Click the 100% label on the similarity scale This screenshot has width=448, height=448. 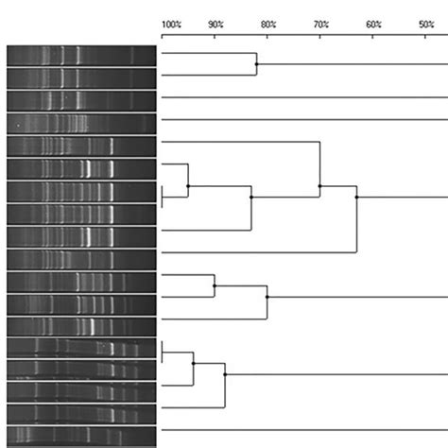[x=171, y=23]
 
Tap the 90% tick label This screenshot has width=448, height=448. [x=215, y=23]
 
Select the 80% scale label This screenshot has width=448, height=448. [x=267, y=23]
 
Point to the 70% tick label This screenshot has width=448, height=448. [x=320, y=23]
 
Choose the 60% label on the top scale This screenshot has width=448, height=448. [x=373, y=23]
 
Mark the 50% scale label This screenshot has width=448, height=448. [x=425, y=23]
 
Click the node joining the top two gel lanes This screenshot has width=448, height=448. [x=257, y=64]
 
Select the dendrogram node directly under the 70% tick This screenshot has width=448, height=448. [x=320, y=186]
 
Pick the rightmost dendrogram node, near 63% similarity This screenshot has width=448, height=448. [x=356, y=197]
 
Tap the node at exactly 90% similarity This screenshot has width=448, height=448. [x=215, y=284]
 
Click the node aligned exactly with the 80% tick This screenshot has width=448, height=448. [x=267, y=296]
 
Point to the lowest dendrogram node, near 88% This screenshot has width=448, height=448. [x=225, y=375]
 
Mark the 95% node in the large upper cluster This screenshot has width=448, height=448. [x=188, y=186]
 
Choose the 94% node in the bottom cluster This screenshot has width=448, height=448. [x=194, y=363]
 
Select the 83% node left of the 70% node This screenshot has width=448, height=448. [x=251, y=197]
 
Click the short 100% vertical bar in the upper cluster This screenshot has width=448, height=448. [x=164, y=197]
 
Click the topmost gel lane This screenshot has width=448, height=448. [x=80, y=55]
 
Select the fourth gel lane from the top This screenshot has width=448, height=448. [x=80, y=123]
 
